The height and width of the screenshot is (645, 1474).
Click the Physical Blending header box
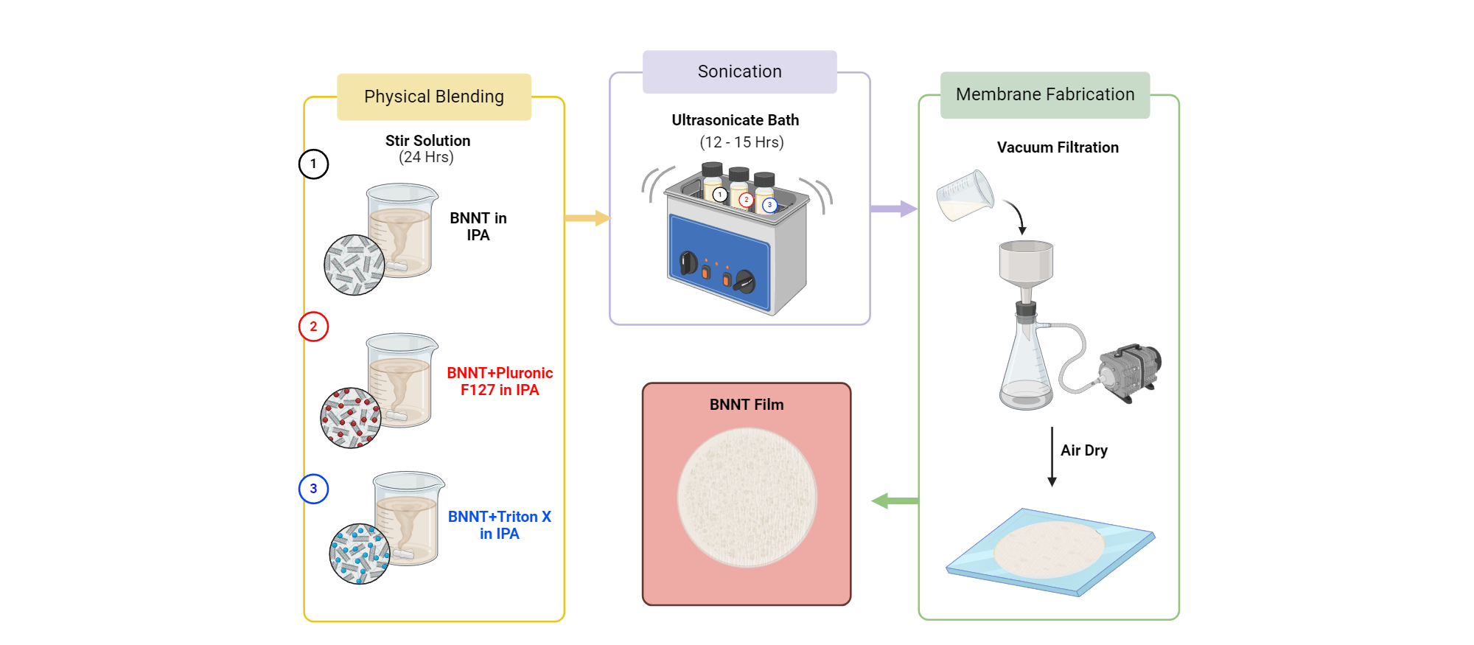(434, 97)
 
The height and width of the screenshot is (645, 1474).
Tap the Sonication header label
(739, 72)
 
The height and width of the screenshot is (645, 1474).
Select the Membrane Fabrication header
(1044, 94)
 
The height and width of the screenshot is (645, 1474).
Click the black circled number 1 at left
(313, 164)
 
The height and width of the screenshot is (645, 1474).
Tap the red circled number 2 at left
(313, 326)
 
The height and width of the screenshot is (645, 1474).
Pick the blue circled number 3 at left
(313, 488)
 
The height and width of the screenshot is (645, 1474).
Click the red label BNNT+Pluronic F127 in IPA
(500, 381)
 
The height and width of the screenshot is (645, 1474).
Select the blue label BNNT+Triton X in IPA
(500, 525)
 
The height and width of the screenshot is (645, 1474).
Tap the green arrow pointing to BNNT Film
(895, 501)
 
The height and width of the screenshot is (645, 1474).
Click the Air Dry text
(1083, 450)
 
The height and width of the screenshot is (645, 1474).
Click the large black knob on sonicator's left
(688, 262)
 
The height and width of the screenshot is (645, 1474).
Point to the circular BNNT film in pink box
(747, 498)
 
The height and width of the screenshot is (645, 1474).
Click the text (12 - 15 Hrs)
(741, 142)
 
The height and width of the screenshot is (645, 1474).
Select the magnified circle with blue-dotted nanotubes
(360, 554)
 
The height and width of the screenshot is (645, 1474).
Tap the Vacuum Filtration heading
(1058, 147)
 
